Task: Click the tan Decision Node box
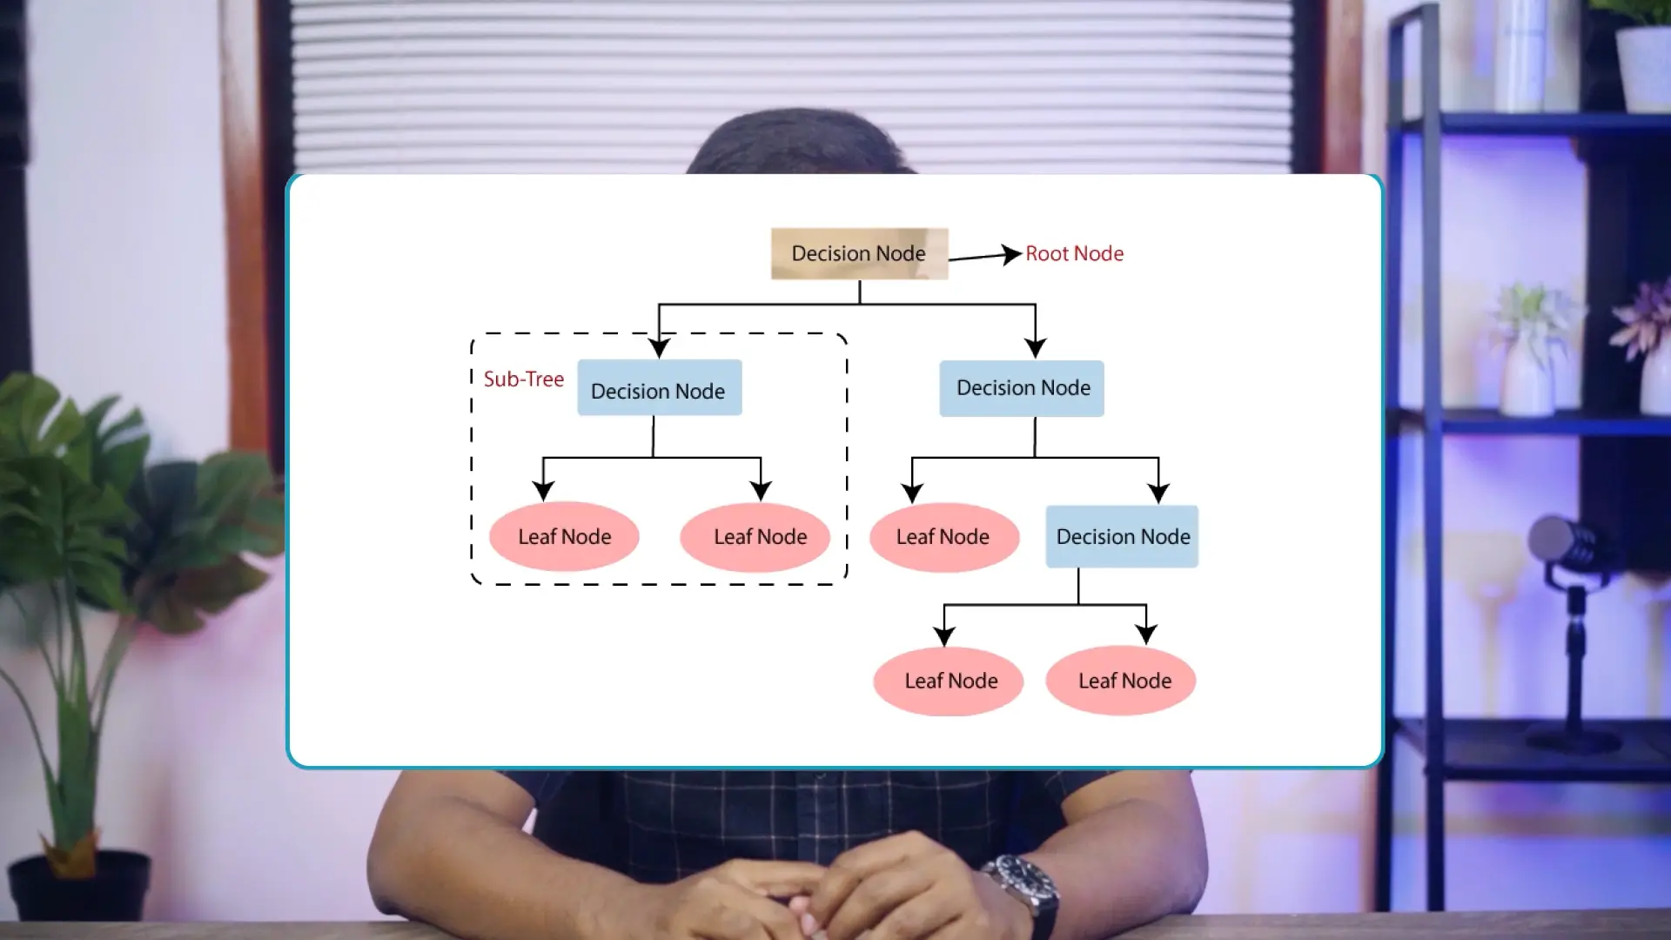tap(859, 253)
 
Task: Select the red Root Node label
tap(1074, 253)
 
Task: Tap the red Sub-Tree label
tap(523, 379)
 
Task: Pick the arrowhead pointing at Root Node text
tap(1010, 254)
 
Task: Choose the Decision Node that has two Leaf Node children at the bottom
tap(1122, 536)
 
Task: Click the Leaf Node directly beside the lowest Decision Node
tap(943, 537)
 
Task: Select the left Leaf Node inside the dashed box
tap(564, 537)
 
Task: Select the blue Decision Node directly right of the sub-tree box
tap(1022, 388)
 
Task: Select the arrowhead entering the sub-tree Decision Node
tap(659, 347)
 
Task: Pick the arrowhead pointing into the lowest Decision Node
tap(1158, 493)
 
